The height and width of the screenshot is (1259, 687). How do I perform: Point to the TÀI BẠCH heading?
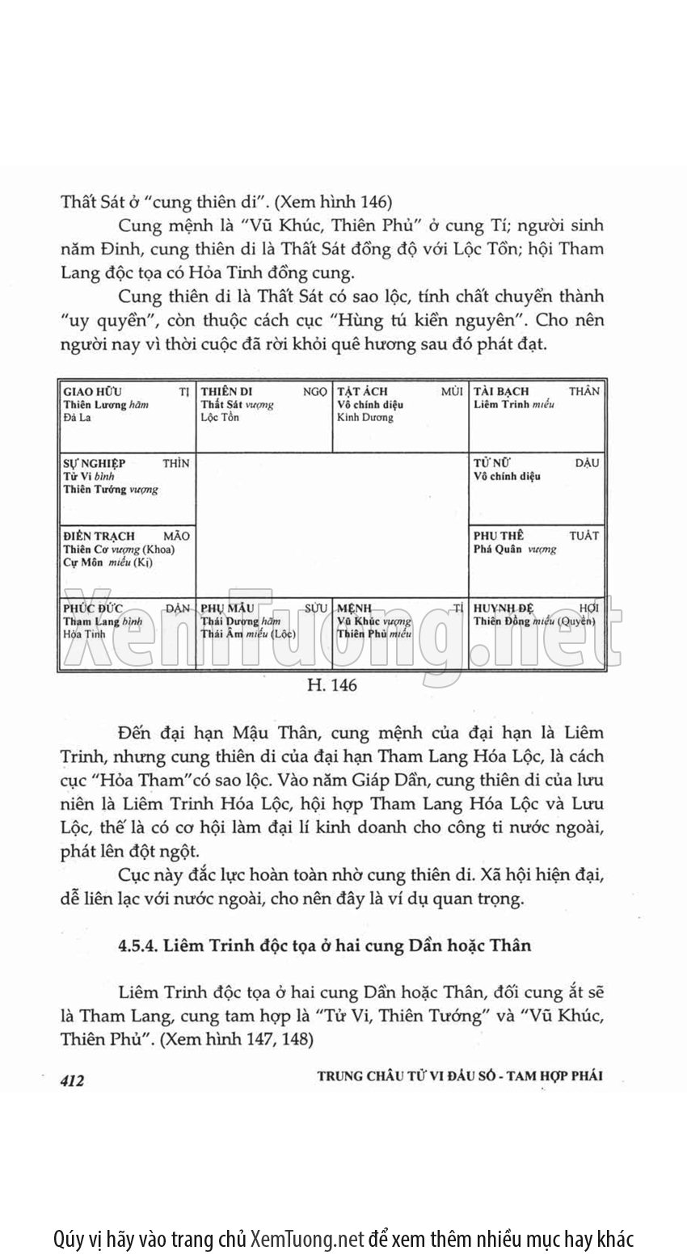click(501, 391)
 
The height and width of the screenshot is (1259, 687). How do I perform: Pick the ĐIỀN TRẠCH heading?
click(99, 536)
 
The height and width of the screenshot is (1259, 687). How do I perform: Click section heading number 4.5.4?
click(134, 945)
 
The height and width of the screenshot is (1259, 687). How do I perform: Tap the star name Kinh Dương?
click(365, 418)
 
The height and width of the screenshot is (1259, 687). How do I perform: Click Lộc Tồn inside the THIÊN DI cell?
click(220, 418)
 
